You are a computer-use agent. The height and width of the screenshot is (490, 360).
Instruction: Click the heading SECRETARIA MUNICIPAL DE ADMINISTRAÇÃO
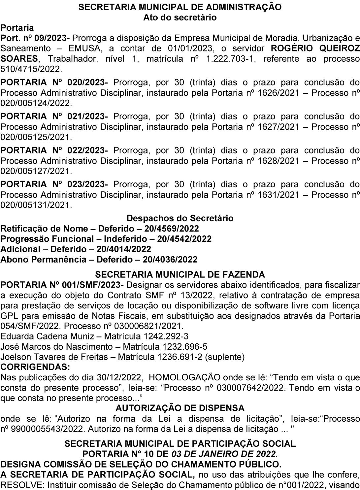coord(180,7)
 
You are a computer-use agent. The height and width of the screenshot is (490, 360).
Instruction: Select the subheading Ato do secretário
coord(180,17)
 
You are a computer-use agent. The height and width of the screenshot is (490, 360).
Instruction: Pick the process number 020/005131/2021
coord(36,205)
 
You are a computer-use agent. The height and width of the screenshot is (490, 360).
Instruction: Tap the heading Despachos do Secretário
coord(180,218)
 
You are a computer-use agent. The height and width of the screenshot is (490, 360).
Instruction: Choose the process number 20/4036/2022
coord(170,260)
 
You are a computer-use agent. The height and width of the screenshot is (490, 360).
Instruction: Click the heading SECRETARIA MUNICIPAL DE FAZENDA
coord(180,274)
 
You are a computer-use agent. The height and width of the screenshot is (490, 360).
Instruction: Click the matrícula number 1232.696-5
coord(185,347)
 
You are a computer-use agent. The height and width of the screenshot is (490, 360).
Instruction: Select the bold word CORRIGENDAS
coord(35,367)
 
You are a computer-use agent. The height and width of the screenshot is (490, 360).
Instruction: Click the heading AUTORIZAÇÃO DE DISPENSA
coord(180,408)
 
